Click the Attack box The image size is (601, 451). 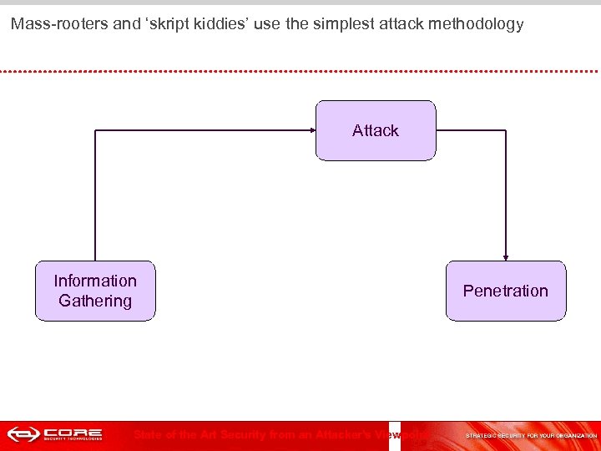pyautogui.click(x=376, y=130)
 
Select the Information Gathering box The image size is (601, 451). pyautogui.click(x=95, y=291)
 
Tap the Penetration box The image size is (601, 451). pyautogui.click(x=506, y=291)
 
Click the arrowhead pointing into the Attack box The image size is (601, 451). pyautogui.click(x=311, y=130)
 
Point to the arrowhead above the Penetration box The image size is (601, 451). pyautogui.click(x=506, y=256)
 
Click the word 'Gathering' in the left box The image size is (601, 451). pyautogui.click(x=95, y=301)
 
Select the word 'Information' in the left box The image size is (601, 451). pyautogui.click(x=95, y=281)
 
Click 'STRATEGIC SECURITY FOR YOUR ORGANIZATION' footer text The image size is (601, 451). pyautogui.click(x=531, y=435)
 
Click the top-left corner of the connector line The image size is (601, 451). pyautogui.click(x=96, y=130)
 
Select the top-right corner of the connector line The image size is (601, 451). pyautogui.click(x=506, y=130)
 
